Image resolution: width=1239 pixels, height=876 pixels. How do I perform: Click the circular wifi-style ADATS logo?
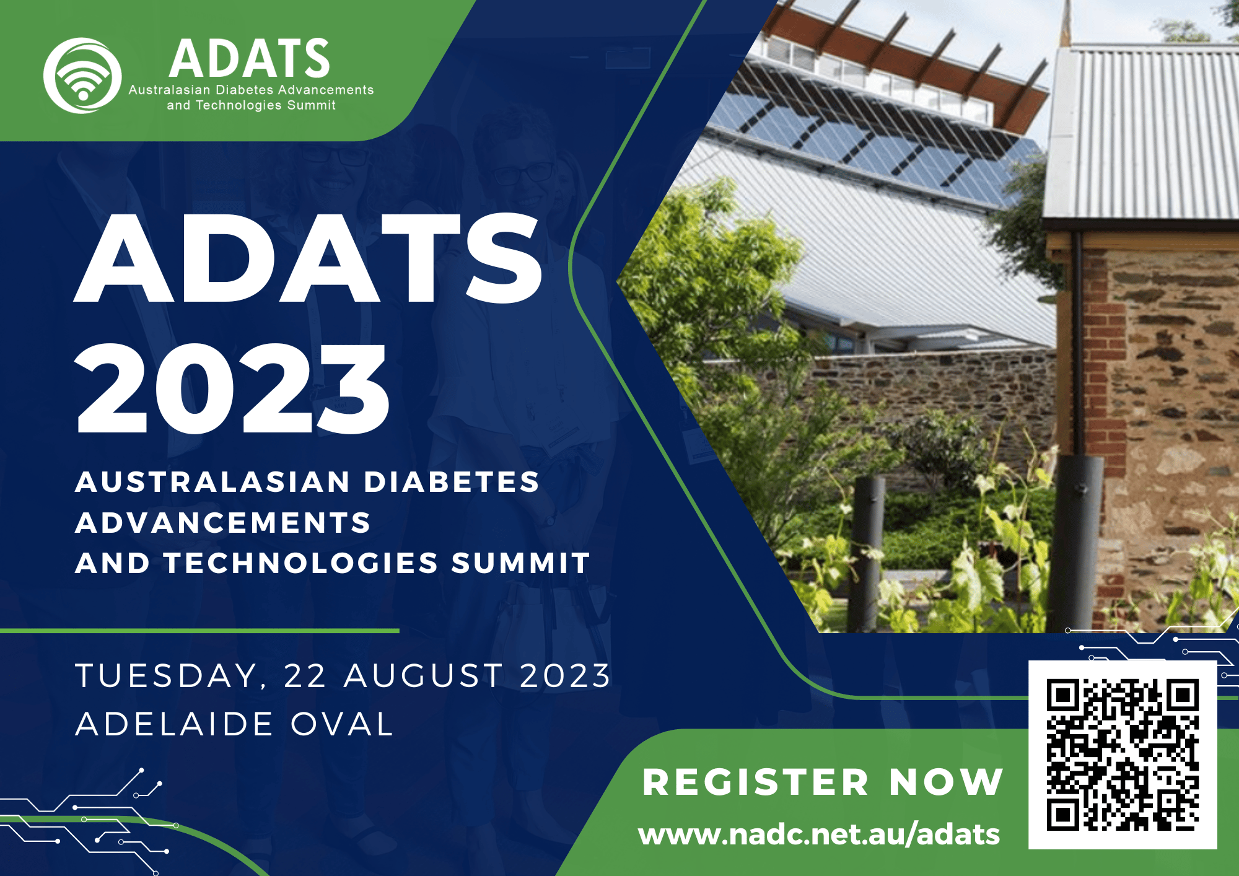(82, 76)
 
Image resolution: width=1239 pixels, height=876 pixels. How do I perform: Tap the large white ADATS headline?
(308, 258)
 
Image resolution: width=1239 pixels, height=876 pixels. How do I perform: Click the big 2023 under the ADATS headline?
(232, 389)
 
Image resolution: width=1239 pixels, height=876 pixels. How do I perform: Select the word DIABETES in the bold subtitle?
(451, 482)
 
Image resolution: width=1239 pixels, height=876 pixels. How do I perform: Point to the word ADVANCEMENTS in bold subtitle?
(223, 523)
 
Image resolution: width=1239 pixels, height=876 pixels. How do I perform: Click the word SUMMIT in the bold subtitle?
(520, 563)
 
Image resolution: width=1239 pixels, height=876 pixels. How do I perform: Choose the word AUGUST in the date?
(424, 675)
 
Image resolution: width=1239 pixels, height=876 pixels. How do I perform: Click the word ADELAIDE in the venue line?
(174, 724)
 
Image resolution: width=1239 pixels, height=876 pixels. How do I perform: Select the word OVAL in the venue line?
(342, 724)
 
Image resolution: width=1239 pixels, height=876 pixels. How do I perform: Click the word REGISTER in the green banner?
(756, 782)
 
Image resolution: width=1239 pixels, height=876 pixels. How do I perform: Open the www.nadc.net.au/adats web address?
(819, 834)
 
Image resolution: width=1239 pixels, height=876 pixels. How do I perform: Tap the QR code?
(1123, 755)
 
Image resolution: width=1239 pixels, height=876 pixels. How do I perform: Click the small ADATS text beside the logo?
(250, 58)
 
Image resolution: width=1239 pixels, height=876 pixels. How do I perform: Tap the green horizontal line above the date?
(199, 631)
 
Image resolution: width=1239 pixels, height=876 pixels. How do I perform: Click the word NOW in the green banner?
(946, 782)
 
